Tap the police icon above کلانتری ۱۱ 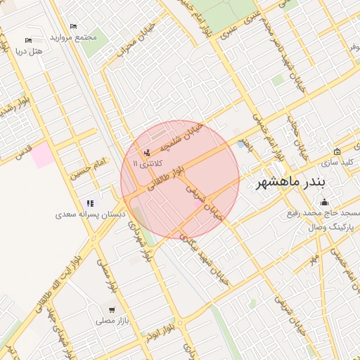click(147, 152)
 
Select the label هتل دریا click(29, 51)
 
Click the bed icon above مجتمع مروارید click(73, 27)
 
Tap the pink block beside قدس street click(44, 154)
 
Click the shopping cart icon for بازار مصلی click(112, 310)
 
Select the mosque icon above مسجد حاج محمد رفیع click(323, 202)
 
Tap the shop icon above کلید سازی click(337, 151)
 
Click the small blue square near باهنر click(242, 144)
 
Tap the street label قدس click(24, 148)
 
